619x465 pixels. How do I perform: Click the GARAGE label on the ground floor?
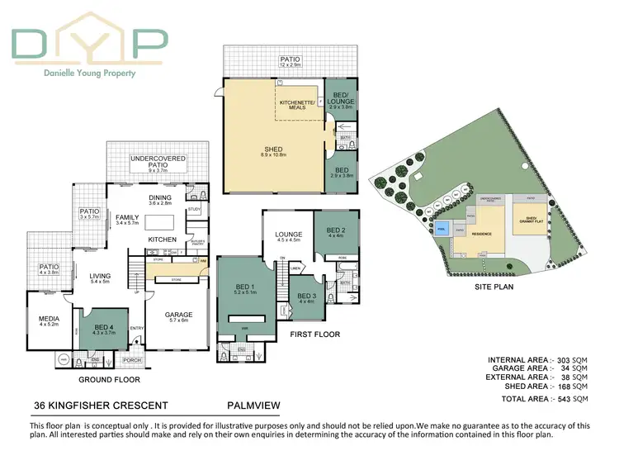click(x=179, y=314)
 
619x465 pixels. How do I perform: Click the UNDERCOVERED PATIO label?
click(x=158, y=162)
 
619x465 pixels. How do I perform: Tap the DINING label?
click(x=159, y=197)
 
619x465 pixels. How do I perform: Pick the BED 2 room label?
click(x=335, y=230)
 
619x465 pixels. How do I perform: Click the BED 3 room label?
click(x=307, y=296)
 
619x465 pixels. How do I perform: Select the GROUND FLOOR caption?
click(x=109, y=380)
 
